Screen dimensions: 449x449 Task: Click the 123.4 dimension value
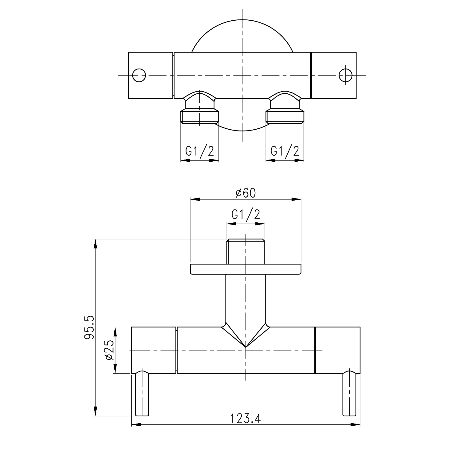click(x=245, y=418)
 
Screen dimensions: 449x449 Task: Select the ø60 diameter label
click(x=245, y=193)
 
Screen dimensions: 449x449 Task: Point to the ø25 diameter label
click(x=109, y=350)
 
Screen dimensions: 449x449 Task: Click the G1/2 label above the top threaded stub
click(x=246, y=215)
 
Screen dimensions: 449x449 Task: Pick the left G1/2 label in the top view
click(x=200, y=151)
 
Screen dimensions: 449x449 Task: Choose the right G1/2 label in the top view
click(x=285, y=151)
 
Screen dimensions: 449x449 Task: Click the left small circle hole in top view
click(x=139, y=75)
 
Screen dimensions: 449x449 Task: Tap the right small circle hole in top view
click(x=346, y=75)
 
